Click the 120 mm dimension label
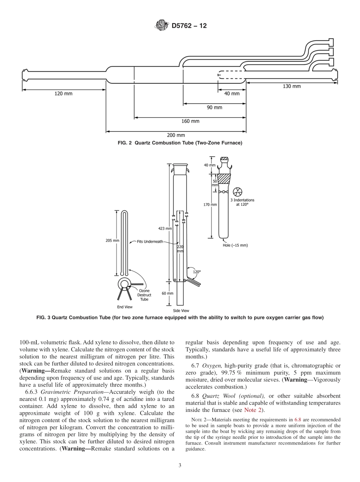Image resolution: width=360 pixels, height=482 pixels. (63, 94)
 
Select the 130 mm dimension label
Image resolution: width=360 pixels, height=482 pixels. (291, 86)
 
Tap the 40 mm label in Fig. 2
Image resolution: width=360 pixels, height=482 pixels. (232, 94)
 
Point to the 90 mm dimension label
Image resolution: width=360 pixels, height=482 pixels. (214, 107)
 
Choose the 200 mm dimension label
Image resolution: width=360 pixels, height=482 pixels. (176, 135)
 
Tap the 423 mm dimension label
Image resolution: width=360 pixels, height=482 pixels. (165, 228)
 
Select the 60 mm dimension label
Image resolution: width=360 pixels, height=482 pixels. (167, 293)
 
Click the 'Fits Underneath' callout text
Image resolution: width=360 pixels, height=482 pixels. (150, 241)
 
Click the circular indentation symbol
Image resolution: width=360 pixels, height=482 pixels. (238, 192)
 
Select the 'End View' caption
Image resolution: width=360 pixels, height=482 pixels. (125, 307)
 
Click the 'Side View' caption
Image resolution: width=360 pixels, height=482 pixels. (181, 310)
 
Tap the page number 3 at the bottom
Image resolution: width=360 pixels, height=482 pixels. (180, 465)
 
